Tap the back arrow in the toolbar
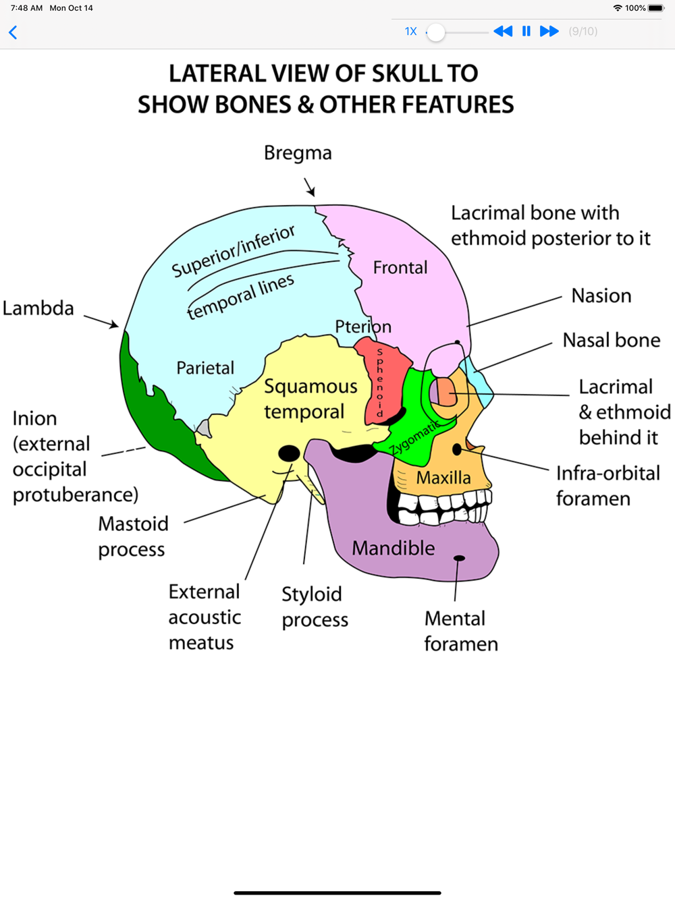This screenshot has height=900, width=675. [x=13, y=32]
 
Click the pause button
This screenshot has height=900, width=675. [x=526, y=31]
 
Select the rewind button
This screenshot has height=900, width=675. [x=503, y=31]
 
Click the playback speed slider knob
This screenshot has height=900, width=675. [x=436, y=32]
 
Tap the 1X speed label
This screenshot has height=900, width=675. [x=410, y=32]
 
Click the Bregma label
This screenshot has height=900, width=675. [x=298, y=153]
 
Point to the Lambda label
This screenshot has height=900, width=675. [x=38, y=308]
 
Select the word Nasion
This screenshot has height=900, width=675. [x=601, y=296]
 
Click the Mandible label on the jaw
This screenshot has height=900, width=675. [x=393, y=548]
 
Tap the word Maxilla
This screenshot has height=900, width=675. [x=443, y=478]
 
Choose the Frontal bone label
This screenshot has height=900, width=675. [x=400, y=268]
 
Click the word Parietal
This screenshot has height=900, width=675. [x=205, y=368]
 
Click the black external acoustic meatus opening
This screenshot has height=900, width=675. [x=289, y=453]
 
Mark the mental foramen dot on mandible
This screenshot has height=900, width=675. [x=459, y=558]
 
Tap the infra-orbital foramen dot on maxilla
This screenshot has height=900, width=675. [x=457, y=449]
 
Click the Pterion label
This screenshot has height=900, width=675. [x=362, y=327]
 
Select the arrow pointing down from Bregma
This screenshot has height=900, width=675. [x=310, y=187]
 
